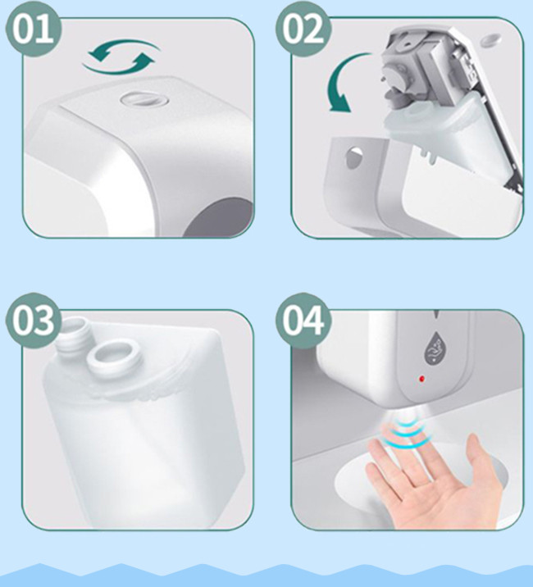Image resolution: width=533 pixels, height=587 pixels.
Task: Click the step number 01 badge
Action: [x=34, y=29]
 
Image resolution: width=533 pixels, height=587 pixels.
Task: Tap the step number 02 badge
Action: [x=303, y=29]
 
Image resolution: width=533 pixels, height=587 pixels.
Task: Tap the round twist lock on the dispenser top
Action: [x=143, y=99]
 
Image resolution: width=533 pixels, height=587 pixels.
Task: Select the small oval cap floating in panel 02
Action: [x=490, y=39]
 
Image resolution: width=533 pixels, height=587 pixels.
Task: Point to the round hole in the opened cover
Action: [x=354, y=157]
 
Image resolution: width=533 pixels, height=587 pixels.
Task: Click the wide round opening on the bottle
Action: [x=114, y=354]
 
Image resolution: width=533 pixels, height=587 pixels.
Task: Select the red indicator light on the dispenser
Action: [x=421, y=379]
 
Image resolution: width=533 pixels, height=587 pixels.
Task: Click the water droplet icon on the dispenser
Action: [x=435, y=347]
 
